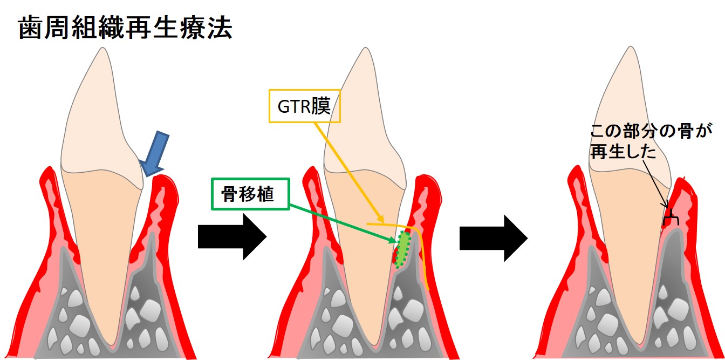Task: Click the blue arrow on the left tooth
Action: pyautogui.click(x=155, y=153)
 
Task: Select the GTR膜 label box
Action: pyautogui.click(x=305, y=106)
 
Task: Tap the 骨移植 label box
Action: pyautogui.click(x=250, y=194)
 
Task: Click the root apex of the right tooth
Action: pyautogui.click(x=638, y=343)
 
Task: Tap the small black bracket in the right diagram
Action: pyautogui.click(x=671, y=218)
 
